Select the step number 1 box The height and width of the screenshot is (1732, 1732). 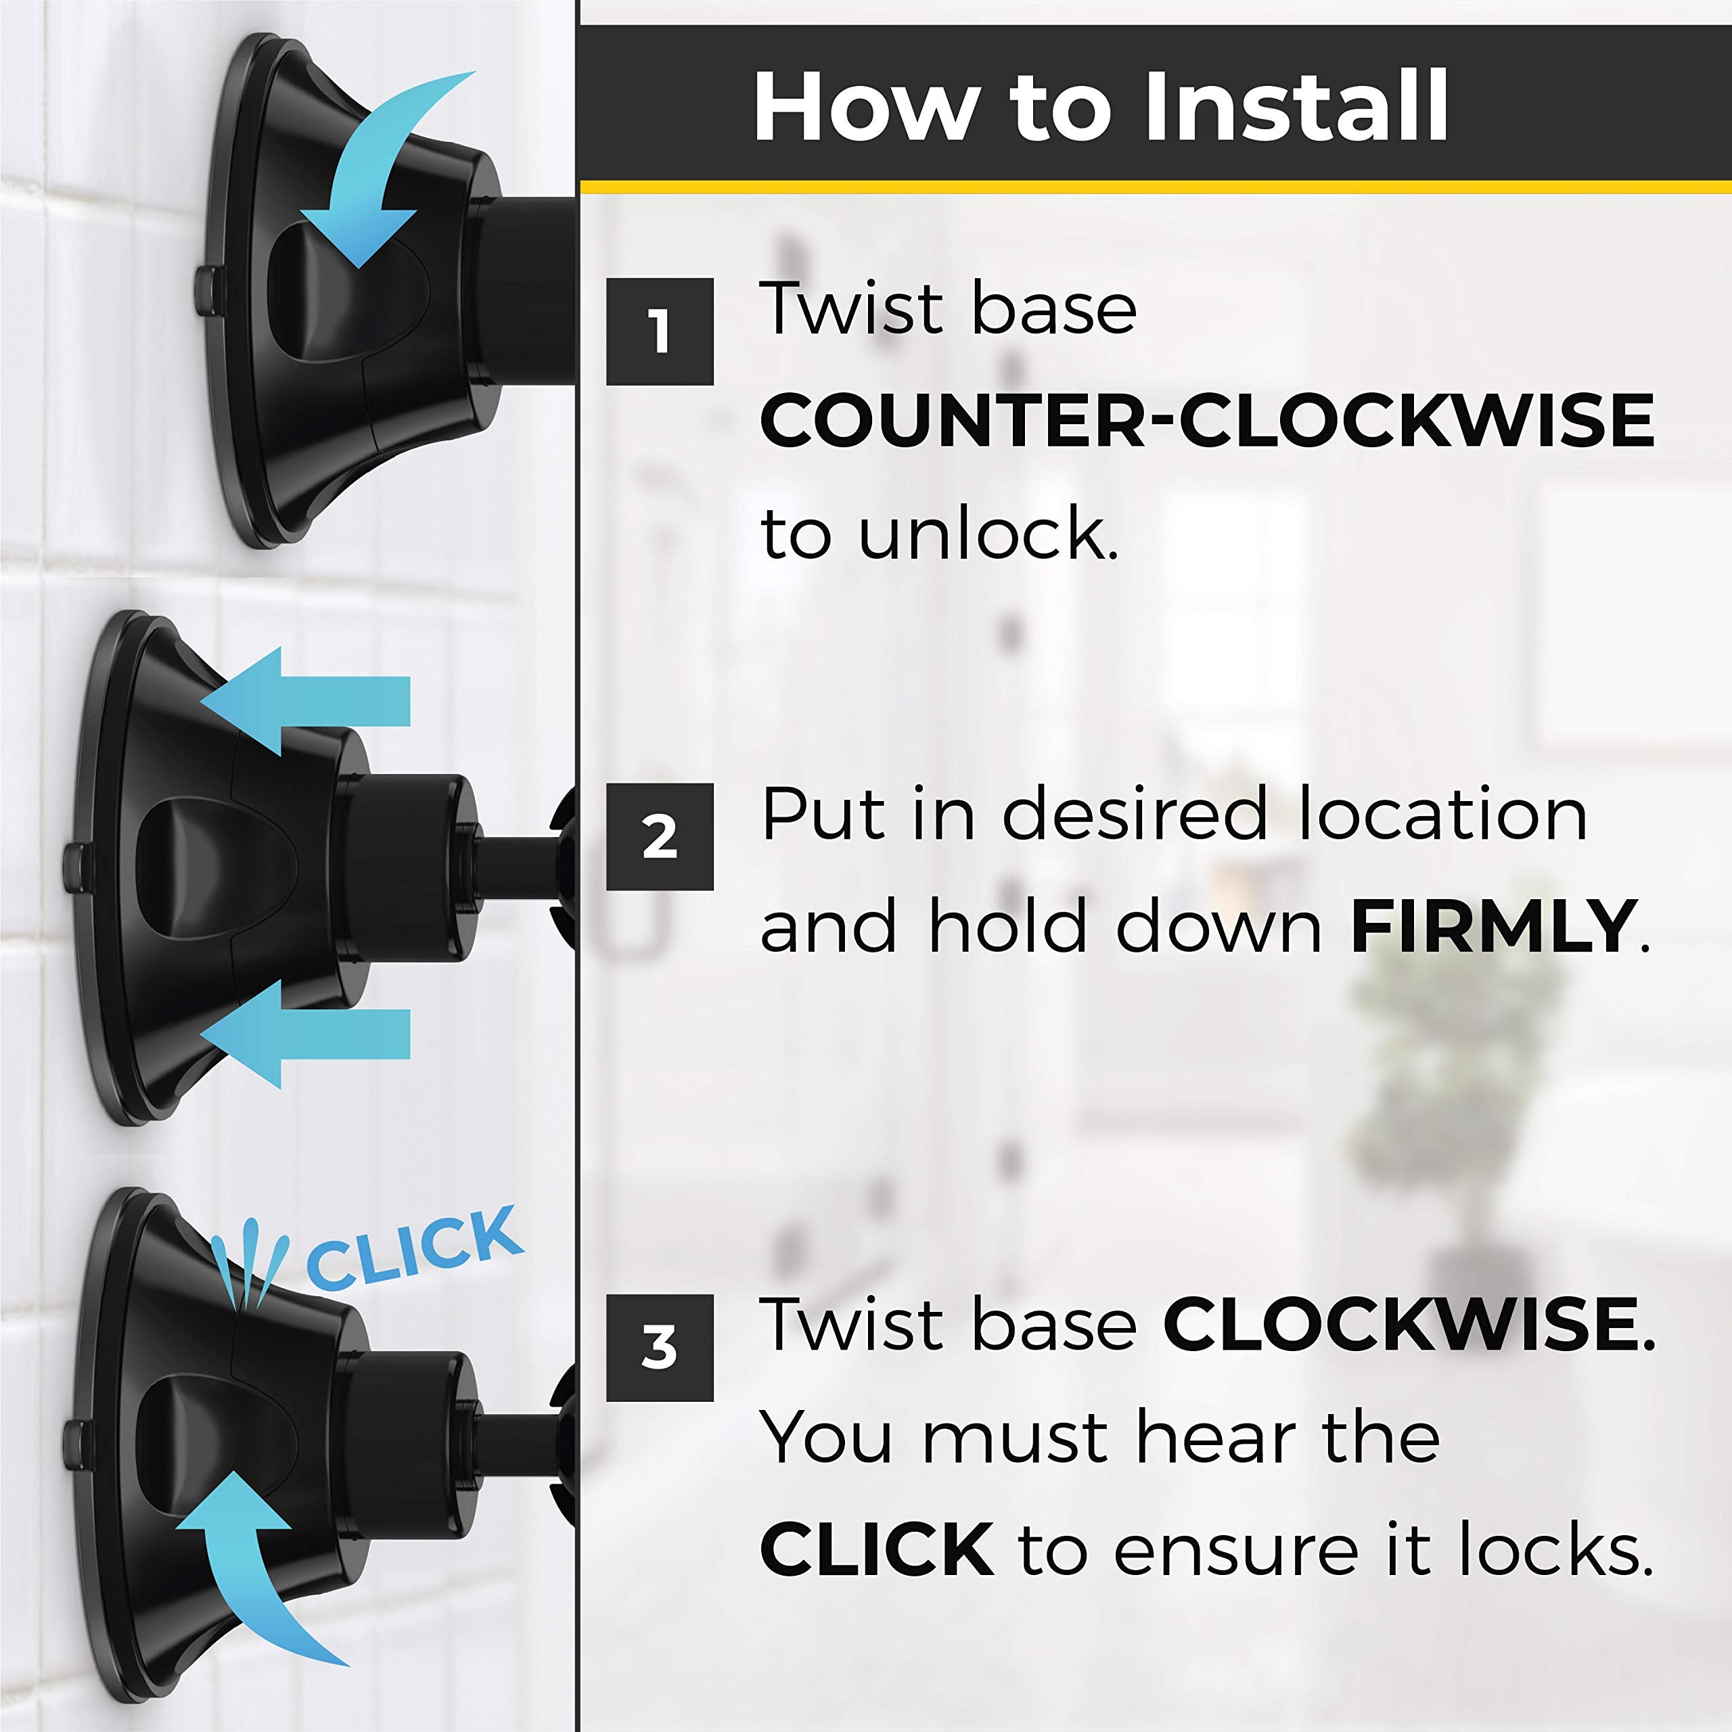(x=660, y=332)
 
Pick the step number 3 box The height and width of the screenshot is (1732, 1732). (x=660, y=1348)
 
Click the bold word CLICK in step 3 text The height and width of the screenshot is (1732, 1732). (x=877, y=1547)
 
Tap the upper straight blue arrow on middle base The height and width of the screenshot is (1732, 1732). (x=306, y=701)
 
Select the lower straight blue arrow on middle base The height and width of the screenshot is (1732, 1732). (x=306, y=1034)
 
